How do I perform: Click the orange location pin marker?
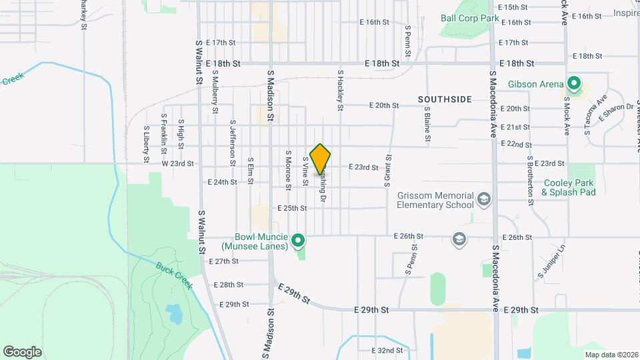pos(321,159)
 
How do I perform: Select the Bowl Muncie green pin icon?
pos(299,240)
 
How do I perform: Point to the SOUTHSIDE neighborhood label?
pos(445,99)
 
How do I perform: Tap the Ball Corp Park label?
pos(470,18)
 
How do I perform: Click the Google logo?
pos(22,351)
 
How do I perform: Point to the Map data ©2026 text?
pos(611,355)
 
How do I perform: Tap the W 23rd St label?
pos(177,163)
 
